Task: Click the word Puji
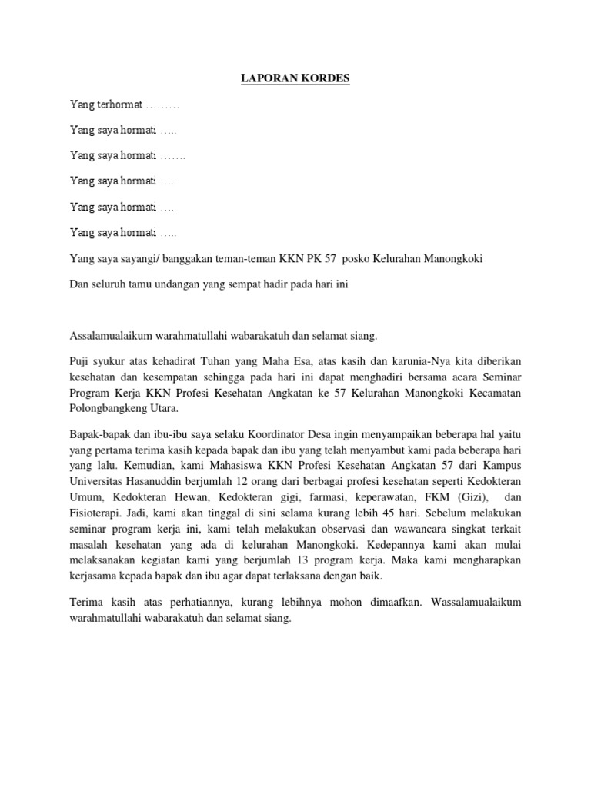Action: [x=80, y=360]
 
